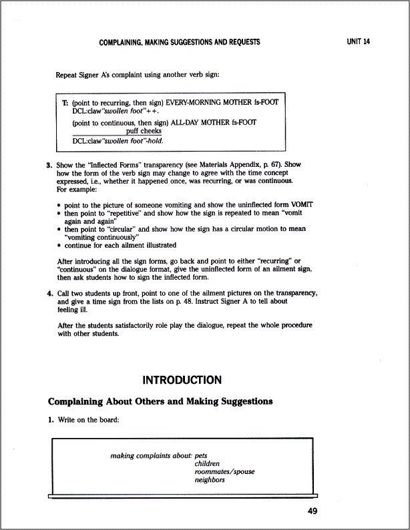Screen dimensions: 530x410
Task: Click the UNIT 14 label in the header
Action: pyautogui.click(x=359, y=41)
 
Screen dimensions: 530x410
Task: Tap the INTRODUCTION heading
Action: pyautogui.click(x=182, y=380)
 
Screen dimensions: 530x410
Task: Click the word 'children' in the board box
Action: pyautogui.click(x=207, y=463)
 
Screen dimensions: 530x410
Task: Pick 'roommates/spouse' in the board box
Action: pyautogui.click(x=224, y=471)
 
